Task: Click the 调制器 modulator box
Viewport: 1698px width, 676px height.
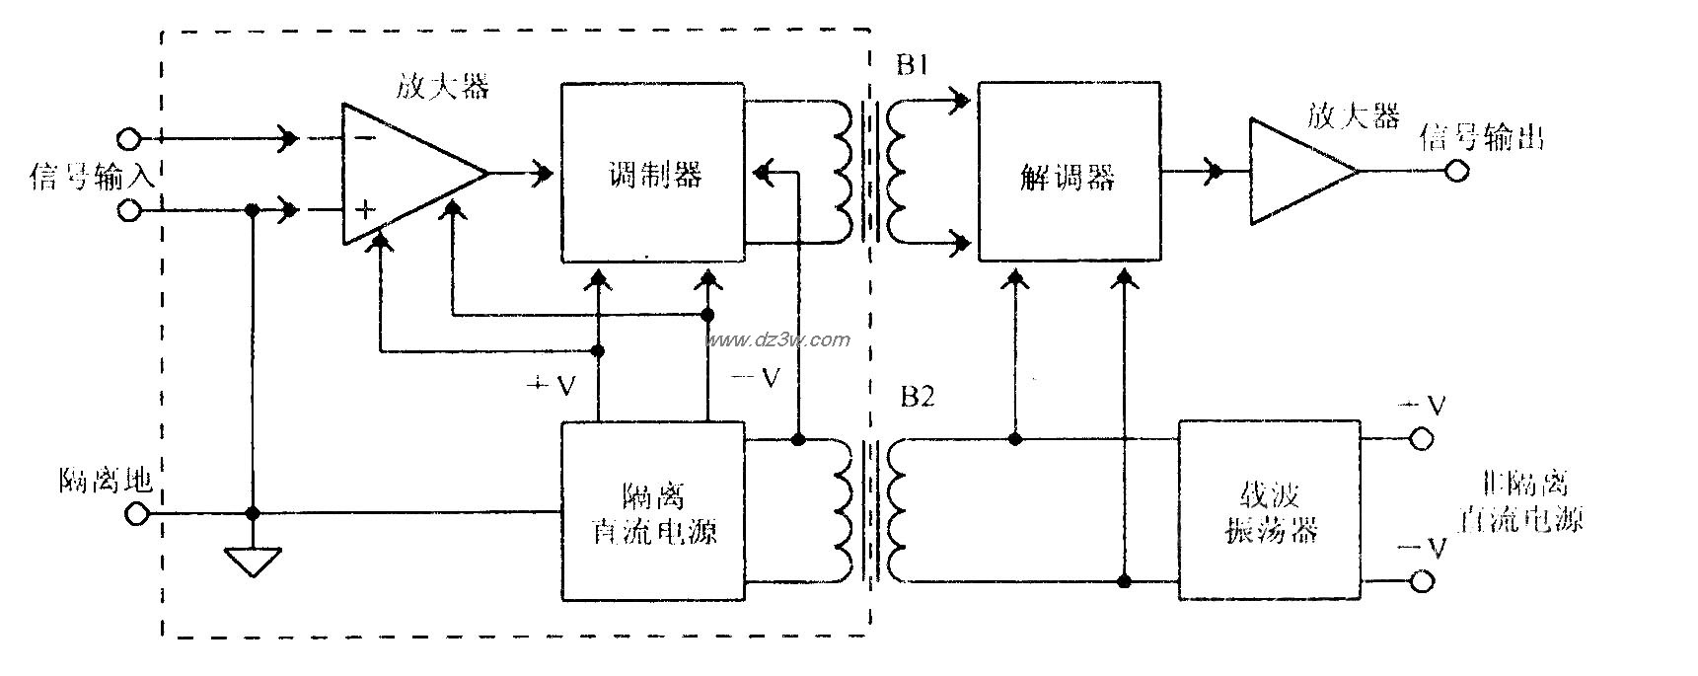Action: point(652,173)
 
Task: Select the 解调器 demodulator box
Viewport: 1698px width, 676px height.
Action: point(1069,173)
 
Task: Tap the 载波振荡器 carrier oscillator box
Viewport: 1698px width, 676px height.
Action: point(1270,510)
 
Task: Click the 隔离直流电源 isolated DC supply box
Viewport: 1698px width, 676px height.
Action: point(652,510)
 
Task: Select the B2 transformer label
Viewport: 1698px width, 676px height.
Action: point(917,397)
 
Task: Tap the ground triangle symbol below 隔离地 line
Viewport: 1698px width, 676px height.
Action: point(253,563)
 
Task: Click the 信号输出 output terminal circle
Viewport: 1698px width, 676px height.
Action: point(1456,172)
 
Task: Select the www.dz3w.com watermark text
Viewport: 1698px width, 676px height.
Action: point(776,339)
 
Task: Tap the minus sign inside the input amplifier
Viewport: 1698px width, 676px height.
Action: point(364,138)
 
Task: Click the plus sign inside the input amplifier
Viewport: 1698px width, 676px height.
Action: point(366,209)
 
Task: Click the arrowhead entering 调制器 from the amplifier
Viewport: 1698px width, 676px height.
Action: point(541,174)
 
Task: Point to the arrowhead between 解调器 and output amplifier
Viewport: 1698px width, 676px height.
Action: point(1214,172)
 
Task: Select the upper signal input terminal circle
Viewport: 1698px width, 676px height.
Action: point(129,137)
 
